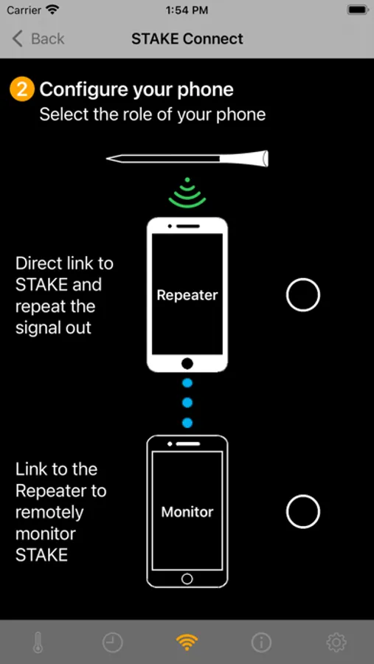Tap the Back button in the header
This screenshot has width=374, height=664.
click(x=38, y=39)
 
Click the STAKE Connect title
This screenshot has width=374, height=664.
click(x=187, y=39)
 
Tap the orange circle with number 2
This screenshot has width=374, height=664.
click(x=21, y=90)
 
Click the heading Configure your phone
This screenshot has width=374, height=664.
click(x=136, y=90)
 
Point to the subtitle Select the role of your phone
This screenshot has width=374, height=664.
click(x=153, y=114)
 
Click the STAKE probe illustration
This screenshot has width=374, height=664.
click(x=187, y=159)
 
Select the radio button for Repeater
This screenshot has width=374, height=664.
click(x=303, y=294)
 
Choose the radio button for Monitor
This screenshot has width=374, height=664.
click(x=303, y=511)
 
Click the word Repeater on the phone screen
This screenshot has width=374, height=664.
click(x=187, y=295)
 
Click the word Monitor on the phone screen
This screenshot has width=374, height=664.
click(x=187, y=512)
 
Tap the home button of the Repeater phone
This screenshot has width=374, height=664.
click(x=187, y=363)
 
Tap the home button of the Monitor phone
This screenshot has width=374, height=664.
click(x=187, y=578)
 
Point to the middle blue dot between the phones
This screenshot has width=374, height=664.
click(x=187, y=402)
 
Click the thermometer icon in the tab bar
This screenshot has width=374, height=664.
click(x=38, y=643)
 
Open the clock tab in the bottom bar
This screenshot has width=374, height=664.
click(x=112, y=643)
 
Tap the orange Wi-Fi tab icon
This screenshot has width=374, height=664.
click(x=187, y=643)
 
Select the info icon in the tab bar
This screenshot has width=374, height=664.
click(x=261, y=643)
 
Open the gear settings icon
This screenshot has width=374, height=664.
click(x=336, y=643)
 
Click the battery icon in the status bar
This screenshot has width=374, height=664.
click(x=359, y=10)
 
